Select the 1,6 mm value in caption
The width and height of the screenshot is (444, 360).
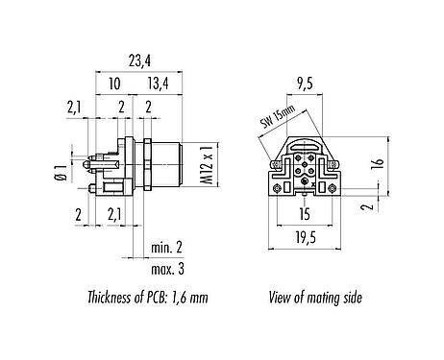tap(186, 299)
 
